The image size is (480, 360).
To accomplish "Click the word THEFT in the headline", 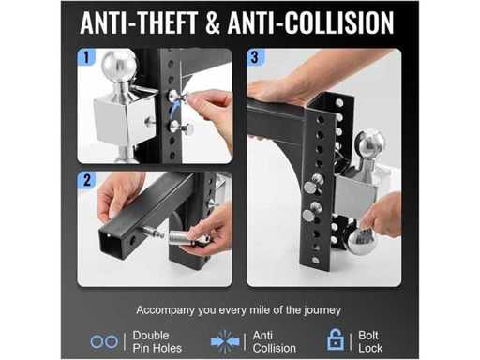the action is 167,22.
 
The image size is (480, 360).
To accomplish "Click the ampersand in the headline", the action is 213,22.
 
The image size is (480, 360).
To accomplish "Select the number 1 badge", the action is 86,57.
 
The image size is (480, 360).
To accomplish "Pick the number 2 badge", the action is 86,180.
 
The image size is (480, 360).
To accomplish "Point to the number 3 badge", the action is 255,57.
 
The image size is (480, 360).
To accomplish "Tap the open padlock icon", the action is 336,339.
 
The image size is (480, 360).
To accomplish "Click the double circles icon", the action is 104,341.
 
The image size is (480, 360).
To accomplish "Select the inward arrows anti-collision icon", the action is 225,341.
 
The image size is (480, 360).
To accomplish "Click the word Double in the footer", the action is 151,336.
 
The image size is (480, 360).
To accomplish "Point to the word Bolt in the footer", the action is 368,336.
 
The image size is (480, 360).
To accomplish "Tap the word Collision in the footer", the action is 275,348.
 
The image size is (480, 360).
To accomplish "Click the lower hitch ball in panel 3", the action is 363,241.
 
